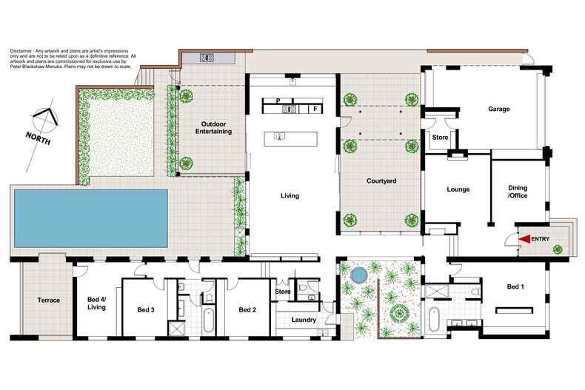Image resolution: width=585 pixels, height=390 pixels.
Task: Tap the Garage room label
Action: [x=498, y=109]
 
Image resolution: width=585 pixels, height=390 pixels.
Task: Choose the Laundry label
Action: [x=304, y=320]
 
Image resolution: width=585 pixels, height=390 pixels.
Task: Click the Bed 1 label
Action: [x=518, y=286]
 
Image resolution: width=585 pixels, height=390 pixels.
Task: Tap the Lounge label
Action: [x=458, y=189]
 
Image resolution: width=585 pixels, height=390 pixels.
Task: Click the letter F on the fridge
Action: [x=315, y=110]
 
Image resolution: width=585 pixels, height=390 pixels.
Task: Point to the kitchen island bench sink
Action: [x=280, y=136]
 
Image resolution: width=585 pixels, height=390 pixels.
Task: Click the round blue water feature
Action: [x=358, y=276]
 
